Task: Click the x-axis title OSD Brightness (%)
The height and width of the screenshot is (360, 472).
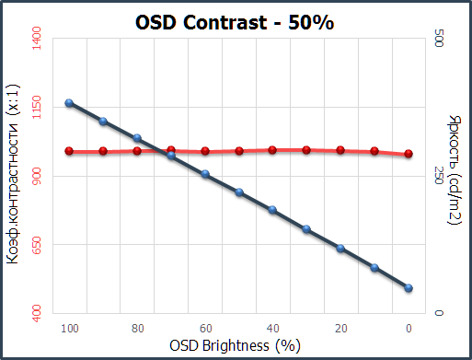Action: pos(236,346)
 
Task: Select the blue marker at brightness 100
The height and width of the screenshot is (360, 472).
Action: pos(69,103)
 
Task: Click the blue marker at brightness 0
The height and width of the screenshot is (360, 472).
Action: pos(409,288)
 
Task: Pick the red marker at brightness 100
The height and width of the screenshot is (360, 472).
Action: pos(69,151)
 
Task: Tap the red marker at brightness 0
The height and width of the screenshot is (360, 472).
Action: pos(409,154)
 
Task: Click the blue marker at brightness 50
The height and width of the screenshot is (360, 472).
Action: pos(239,192)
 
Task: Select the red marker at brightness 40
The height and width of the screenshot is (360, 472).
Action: pos(273,149)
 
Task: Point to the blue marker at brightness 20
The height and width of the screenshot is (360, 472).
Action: pos(340,249)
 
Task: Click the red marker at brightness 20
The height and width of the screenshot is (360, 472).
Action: pos(340,149)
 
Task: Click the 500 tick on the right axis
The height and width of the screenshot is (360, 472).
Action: pos(439,39)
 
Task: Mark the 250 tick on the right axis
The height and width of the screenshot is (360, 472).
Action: pos(439,176)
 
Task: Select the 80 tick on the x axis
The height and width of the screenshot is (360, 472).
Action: pos(137,328)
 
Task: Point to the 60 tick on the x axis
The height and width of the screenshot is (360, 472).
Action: pos(205,328)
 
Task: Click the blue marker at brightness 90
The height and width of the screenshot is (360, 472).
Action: pos(103,122)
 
